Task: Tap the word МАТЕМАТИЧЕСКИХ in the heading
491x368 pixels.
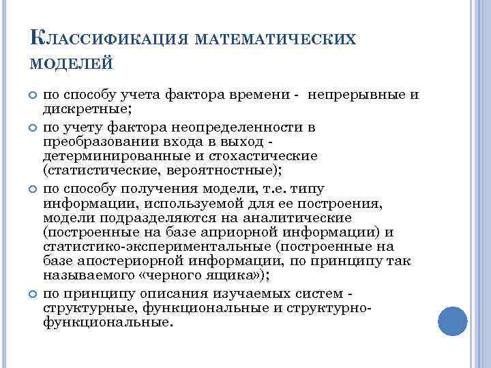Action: (276, 40)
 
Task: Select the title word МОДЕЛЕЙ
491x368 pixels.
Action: (72, 64)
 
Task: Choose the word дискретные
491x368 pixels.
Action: (85, 108)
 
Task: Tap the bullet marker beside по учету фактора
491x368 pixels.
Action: (30, 127)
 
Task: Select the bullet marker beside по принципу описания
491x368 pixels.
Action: (30, 294)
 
